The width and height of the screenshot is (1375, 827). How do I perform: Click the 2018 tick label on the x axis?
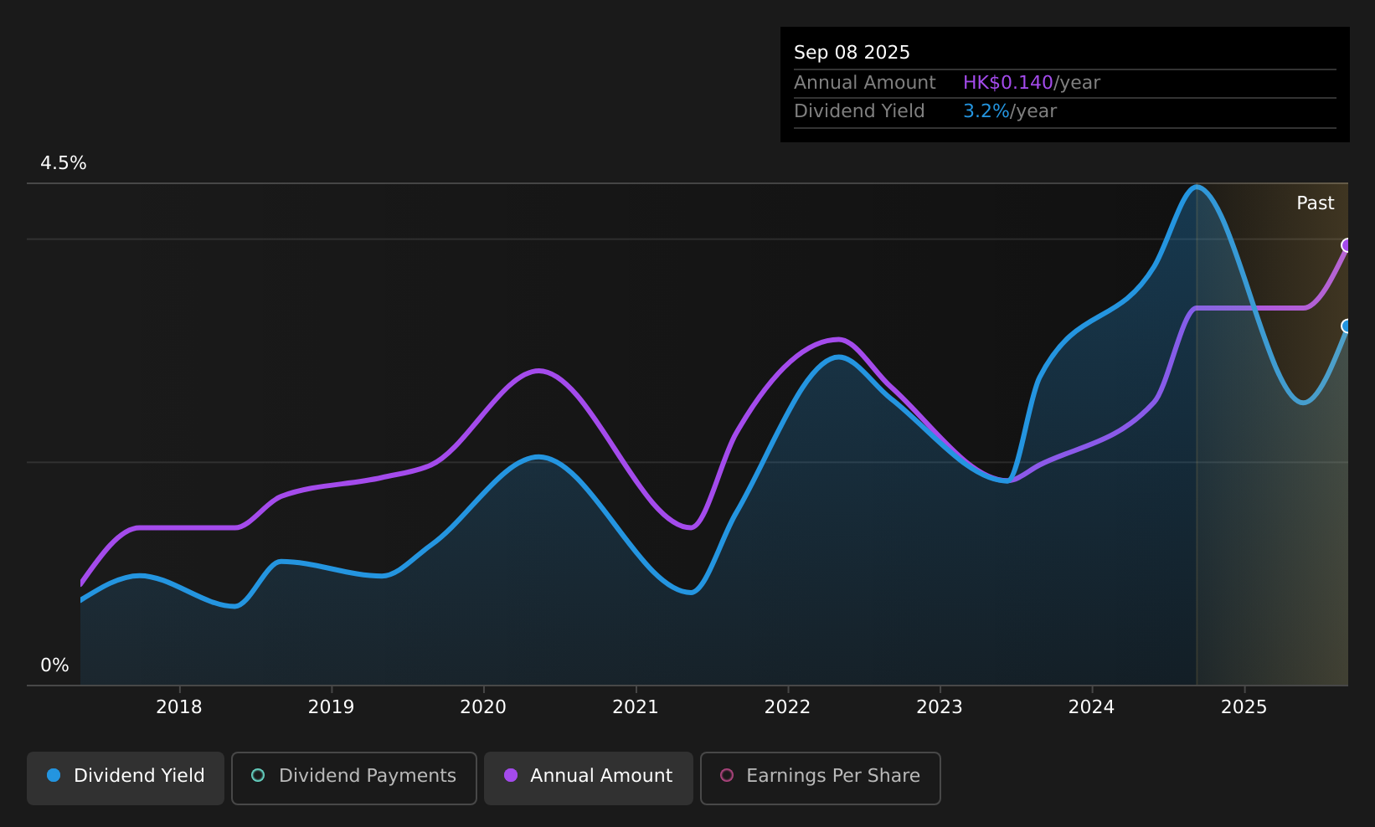click(x=178, y=707)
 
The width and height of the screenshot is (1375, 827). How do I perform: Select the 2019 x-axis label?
click(x=331, y=707)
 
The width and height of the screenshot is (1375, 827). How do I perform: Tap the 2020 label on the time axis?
click(x=483, y=707)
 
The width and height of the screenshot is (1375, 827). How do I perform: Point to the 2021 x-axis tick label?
click(x=636, y=707)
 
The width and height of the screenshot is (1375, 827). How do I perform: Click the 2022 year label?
click(x=787, y=707)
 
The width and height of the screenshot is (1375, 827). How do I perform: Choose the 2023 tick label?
click(x=940, y=707)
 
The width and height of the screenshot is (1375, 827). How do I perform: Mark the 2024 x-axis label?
click(x=1091, y=707)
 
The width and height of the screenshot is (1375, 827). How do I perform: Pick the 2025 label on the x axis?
click(x=1244, y=707)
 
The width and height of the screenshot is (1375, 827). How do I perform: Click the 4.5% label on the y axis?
click(x=64, y=163)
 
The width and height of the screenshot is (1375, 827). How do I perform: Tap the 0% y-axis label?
click(x=54, y=665)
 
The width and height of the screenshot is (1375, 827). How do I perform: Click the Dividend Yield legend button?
click(x=126, y=778)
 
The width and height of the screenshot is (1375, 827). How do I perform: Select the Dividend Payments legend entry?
click(x=354, y=778)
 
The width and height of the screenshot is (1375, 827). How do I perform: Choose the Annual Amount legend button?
click(x=589, y=778)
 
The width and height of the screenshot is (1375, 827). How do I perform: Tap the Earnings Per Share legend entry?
click(x=821, y=778)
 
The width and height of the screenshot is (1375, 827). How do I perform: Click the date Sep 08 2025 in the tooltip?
click(x=852, y=53)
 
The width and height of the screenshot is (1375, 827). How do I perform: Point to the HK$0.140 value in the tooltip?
click(x=1008, y=83)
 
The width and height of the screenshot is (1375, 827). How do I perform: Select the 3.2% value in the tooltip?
click(x=986, y=111)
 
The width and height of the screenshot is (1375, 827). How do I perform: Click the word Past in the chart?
click(x=1316, y=203)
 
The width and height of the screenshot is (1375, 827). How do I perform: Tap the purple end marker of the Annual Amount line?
click(x=1347, y=245)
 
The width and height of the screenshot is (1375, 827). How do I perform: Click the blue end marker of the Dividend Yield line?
click(x=1347, y=326)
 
